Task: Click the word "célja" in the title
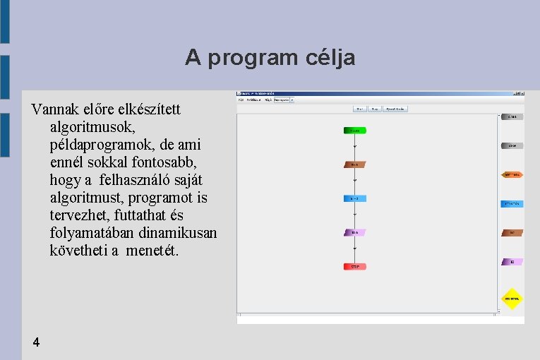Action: [330, 58]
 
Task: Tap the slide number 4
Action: [36, 342]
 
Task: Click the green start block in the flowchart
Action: [355, 130]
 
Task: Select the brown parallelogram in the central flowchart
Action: [355, 164]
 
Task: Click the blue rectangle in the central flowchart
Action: [355, 198]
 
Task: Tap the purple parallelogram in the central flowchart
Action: [355, 232]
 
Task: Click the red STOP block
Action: [355, 267]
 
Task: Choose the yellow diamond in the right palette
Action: [512, 299]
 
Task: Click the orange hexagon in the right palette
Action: [512, 174]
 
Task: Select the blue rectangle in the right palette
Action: [512, 204]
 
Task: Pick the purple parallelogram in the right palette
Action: [512, 262]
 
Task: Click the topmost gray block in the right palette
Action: [512, 116]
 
